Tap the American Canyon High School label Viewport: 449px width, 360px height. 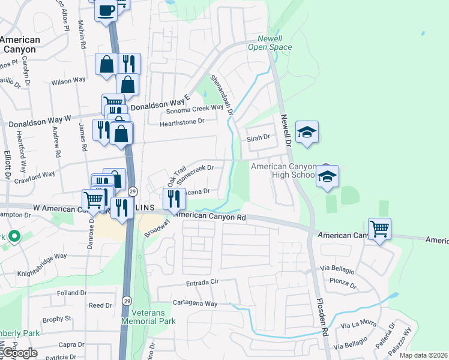tap(283, 170)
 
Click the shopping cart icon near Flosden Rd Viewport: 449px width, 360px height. tap(380, 229)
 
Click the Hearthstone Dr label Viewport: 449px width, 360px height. tap(182, 121)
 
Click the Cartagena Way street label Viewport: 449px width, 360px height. tap(195, 304)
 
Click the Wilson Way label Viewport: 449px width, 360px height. tap(68, 80)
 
